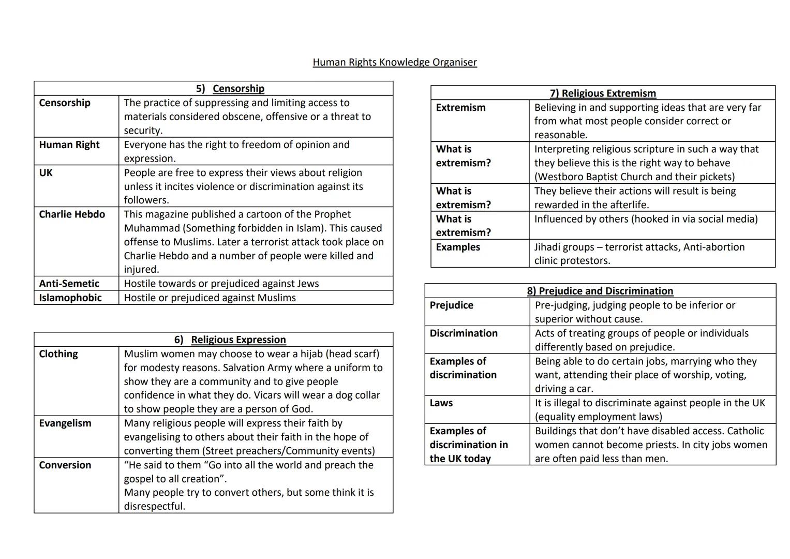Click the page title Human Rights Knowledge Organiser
click(394, 63)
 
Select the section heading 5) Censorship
click(230, 89)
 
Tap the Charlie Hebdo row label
click(72, 214)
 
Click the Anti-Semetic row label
click(69, 284)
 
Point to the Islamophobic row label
click(70, 298)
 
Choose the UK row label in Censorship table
click(46, 173)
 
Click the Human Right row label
click(69, 145)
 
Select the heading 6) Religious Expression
click(230, 340)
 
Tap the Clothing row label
click(58, 354)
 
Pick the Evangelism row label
click(65, 423)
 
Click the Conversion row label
click(65, 465)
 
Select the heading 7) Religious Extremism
click(603, 93)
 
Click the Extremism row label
click(460, 108)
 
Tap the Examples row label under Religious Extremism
click(458, 247)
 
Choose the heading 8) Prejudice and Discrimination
click(600, 291)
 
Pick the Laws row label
click(441, 403)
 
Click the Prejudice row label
click(451, 305)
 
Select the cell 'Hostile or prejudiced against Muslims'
click(210, 298)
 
